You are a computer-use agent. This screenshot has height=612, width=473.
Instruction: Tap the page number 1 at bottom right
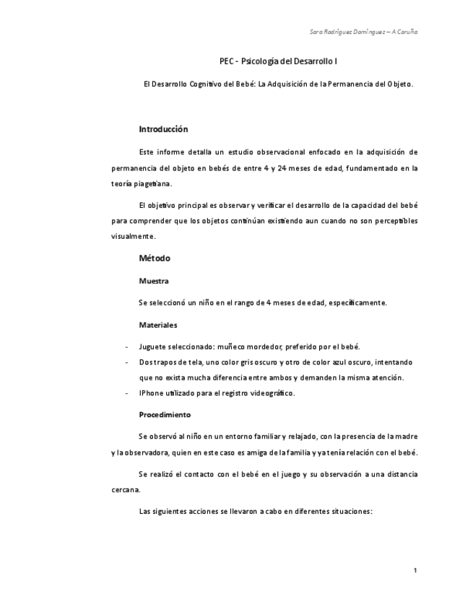[415, 571]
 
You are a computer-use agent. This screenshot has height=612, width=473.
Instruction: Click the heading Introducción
[163, 129]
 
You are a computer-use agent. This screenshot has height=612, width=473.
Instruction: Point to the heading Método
[155, 258]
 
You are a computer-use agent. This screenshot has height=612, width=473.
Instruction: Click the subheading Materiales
[157, 325]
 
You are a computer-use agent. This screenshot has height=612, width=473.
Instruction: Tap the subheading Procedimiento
[165, 415]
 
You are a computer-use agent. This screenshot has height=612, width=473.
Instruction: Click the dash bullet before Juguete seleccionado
[127, 346]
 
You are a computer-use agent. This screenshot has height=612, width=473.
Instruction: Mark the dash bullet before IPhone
[127, 393]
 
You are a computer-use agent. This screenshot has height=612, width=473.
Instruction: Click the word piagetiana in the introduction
[152, 183]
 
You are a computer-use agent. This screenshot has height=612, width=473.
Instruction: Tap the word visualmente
[133, 236]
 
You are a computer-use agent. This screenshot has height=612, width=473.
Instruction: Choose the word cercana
[126, 489]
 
